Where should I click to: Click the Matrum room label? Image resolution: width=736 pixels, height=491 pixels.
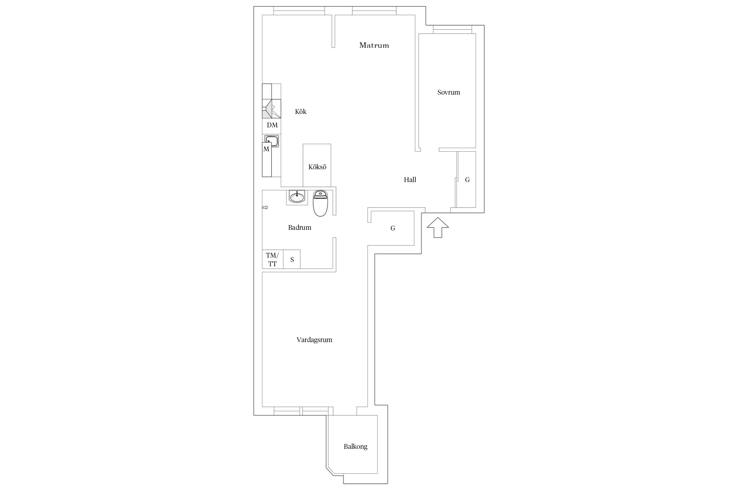pos(374,45)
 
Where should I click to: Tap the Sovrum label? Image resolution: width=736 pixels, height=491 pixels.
pos(448,92)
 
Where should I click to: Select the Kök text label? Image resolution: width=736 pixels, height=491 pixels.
pos(301,112)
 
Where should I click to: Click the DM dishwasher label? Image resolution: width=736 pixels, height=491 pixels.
pos(272,125)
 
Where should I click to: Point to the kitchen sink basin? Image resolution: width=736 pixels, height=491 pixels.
pos(272,141)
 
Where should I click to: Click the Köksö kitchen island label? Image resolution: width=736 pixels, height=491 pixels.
pos(317,167)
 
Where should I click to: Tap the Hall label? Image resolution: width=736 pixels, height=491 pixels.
pos(410,179)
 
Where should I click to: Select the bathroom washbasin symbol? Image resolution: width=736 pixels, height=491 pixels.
pos(297,197)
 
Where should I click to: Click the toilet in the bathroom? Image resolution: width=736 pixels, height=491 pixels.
pos(320,203)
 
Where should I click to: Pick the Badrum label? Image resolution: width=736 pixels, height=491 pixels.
pos(300,227)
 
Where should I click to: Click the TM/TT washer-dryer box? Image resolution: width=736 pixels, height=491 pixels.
pos(272,259)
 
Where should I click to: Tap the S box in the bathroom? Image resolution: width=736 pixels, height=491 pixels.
pos(292,259)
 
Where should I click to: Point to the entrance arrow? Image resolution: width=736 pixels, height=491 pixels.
pos(438,227)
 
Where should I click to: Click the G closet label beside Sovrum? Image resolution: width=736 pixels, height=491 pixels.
pos(467,179)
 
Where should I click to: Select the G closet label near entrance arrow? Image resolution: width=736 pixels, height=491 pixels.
pos(393,228)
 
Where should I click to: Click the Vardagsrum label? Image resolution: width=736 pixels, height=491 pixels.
pos(314,340)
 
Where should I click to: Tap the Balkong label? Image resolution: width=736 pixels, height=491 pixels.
pos(356,446)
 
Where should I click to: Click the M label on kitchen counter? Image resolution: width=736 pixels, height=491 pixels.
pos(266,149)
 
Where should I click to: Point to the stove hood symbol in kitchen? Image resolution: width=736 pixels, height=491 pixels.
pos(272,109)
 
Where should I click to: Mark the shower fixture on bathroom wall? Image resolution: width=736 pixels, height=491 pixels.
pos(265,207)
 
